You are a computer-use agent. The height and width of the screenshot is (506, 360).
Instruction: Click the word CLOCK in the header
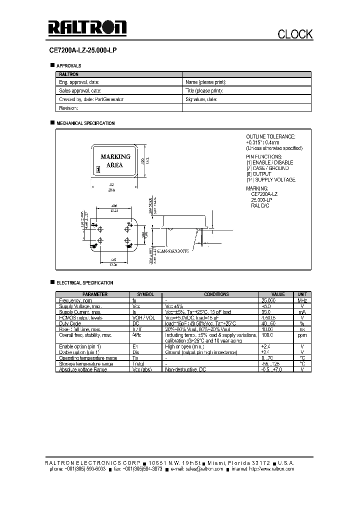click(x=295, y=34)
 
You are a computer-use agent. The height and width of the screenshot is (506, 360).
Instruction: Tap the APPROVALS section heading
click(x=69, y=65)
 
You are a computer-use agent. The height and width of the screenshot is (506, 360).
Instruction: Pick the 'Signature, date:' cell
click(x=201, y=99)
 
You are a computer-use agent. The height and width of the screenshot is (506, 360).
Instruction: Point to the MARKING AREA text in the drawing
click(x=115, y=160)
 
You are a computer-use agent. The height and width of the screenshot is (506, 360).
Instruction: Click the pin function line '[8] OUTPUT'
click(x=258, y=174)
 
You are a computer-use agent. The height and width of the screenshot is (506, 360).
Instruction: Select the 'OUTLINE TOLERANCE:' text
click(x=270, y=136)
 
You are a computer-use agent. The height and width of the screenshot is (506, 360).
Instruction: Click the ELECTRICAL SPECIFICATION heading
click(x=84, y=283)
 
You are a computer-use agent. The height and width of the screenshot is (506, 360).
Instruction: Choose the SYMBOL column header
click(x=145, y=294)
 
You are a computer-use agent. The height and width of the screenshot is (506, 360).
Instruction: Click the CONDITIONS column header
click(x=216, y=294)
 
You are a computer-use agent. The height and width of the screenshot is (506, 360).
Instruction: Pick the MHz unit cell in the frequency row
click(x=301, y=300)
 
